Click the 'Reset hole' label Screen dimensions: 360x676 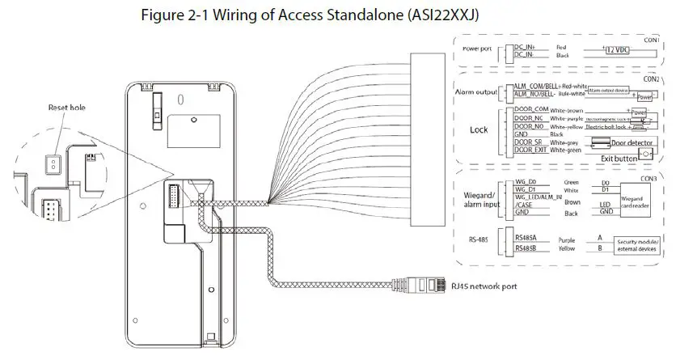66,107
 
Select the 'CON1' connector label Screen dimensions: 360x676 651,39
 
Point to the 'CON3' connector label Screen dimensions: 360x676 648,178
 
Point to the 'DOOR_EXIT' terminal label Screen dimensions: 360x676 530,150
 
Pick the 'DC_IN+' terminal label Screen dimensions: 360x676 526,48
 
